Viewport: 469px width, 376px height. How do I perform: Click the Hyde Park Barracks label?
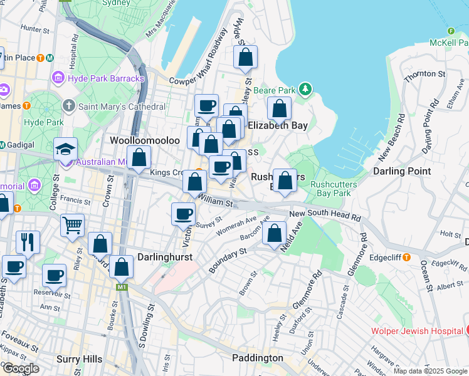105,78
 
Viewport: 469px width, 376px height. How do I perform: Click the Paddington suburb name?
257,358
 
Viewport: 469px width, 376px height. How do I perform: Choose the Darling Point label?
401,170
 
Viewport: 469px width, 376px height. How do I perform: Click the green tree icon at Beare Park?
305,90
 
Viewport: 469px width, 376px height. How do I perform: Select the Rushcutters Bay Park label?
334,189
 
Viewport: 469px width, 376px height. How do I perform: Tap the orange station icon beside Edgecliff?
406,257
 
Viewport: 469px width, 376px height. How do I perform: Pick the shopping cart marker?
73,225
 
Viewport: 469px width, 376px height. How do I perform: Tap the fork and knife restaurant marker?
28,241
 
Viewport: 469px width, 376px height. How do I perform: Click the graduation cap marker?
65,149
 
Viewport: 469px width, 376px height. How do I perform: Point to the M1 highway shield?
121,286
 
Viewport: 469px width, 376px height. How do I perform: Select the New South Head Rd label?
325,216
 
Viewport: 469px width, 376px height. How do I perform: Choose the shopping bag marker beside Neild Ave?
275,234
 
